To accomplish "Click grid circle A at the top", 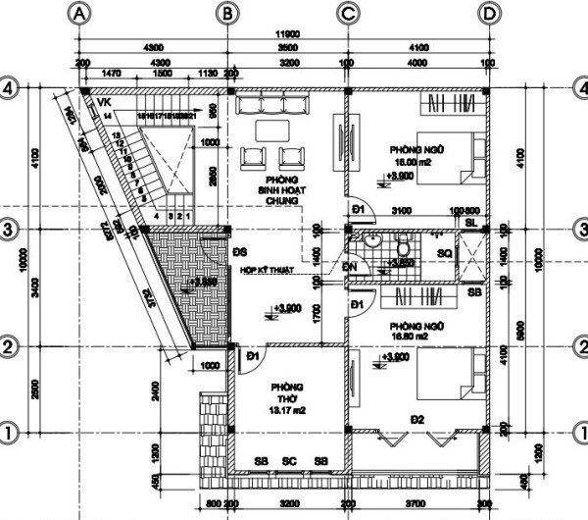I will click(79, 13).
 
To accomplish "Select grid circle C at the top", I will click(348, 13).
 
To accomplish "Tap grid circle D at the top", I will click(488, 13).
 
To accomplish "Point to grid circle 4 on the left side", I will click(10, 87).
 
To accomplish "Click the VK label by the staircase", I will click(104, 101).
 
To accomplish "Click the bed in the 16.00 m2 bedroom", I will click(452, 158).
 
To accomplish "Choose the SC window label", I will click(289, 461).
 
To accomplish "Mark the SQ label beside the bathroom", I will click(444, 252).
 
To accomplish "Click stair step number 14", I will click(105, 115).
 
